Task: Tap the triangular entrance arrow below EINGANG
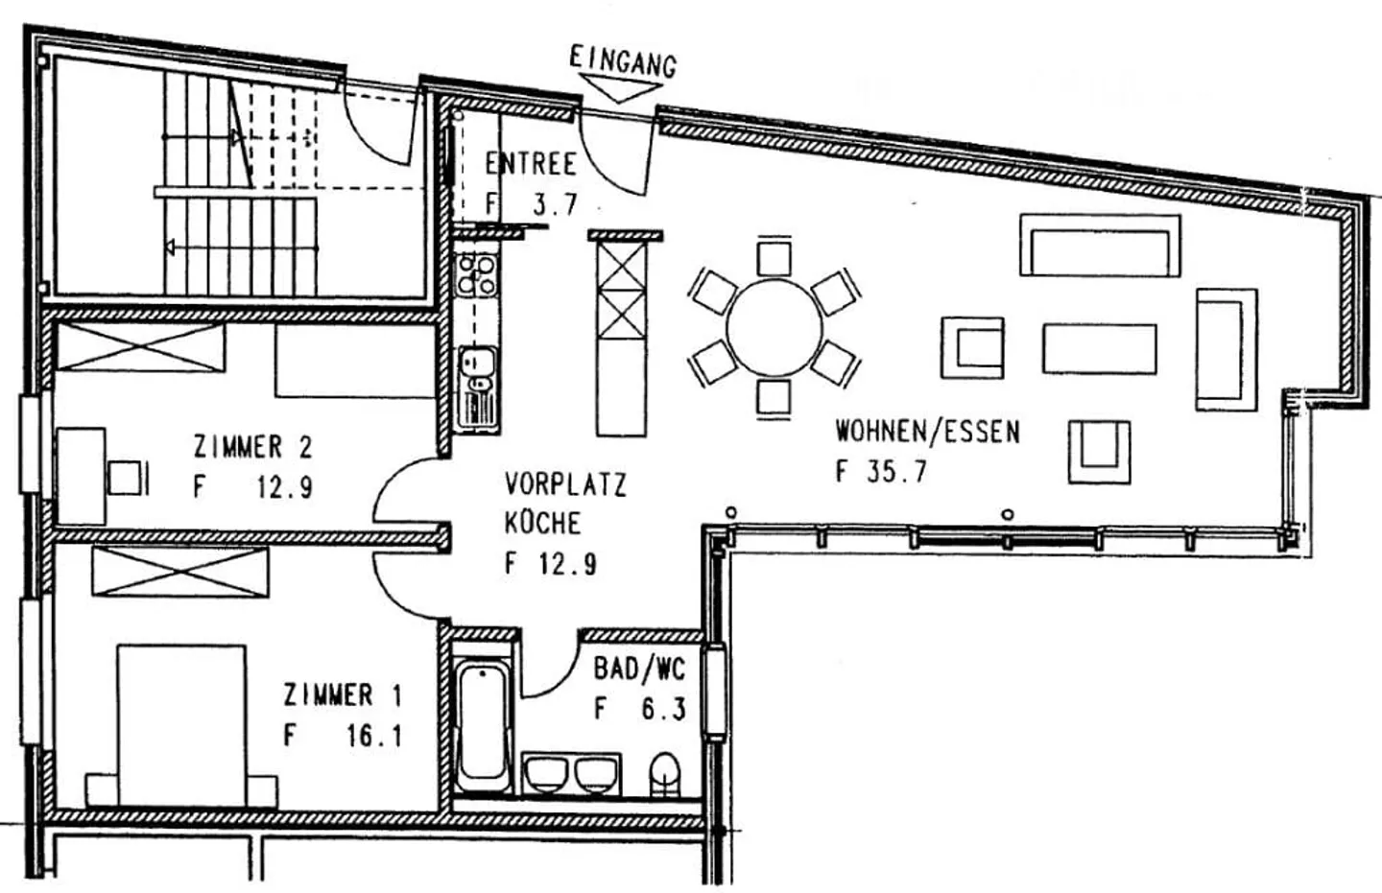619,90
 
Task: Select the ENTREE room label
531,163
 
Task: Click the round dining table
774,328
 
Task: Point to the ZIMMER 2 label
252,447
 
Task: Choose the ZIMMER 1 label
343,694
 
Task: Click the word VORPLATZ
565,483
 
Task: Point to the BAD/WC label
639,669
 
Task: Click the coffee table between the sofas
1099,348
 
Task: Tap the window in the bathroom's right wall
714,691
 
